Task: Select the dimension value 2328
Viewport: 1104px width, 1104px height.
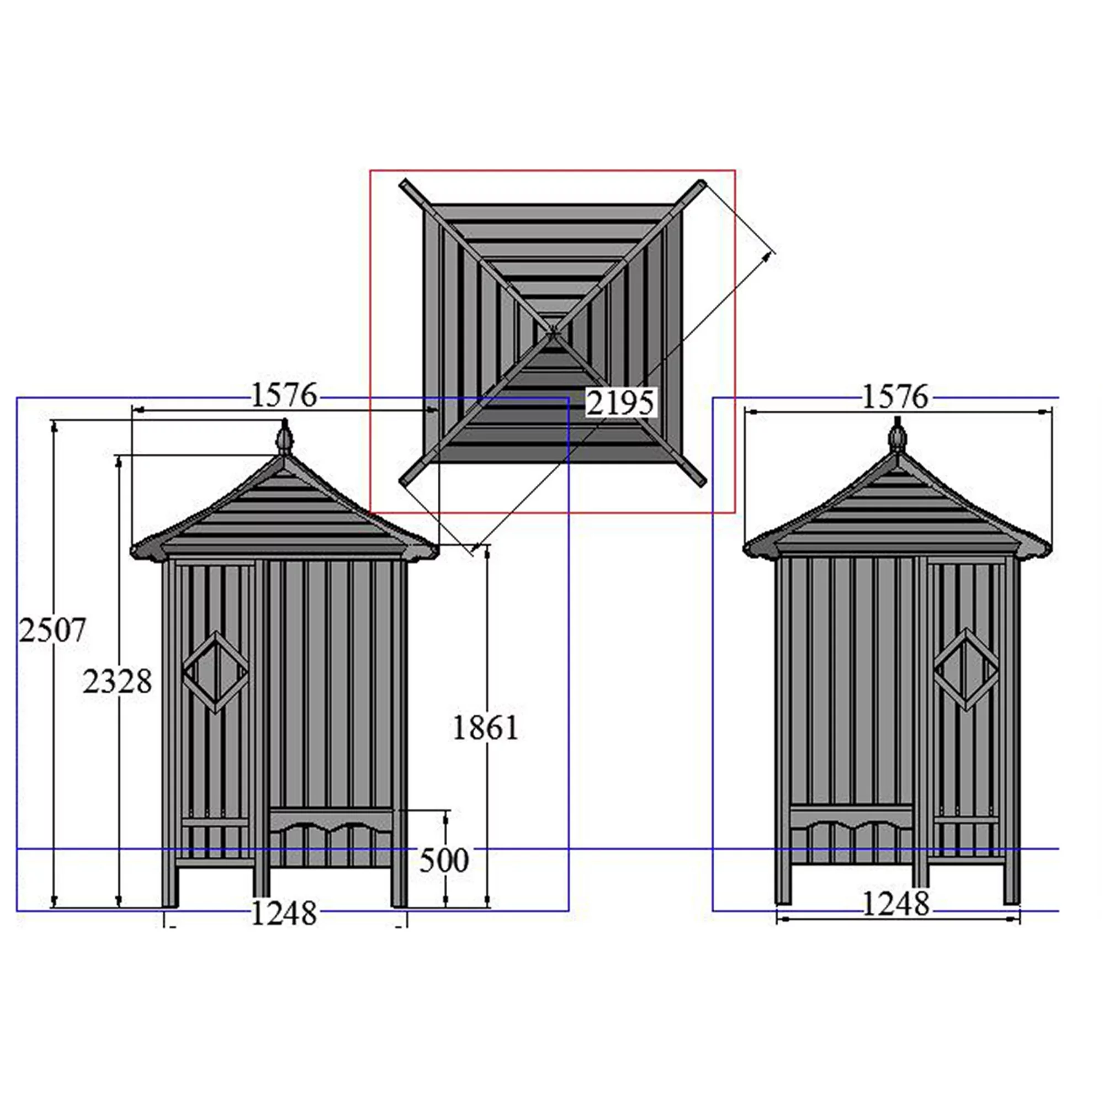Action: coord(117,682)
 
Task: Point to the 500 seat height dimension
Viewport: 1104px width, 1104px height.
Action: coord(443,860)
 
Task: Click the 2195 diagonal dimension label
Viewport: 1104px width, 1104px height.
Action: coord(620,404)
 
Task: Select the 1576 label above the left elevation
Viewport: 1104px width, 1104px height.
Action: coord(283,395)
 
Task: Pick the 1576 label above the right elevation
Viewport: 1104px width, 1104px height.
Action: coord(895,397)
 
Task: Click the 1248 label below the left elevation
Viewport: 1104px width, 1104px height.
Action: coord(283,913)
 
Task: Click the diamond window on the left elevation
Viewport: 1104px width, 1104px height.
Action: coord(215,672)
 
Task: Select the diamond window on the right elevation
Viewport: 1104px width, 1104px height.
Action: coord(967,669)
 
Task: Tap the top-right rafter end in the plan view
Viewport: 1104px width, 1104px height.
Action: coord(700,185)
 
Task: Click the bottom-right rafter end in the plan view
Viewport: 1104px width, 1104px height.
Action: coord(701,480)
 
